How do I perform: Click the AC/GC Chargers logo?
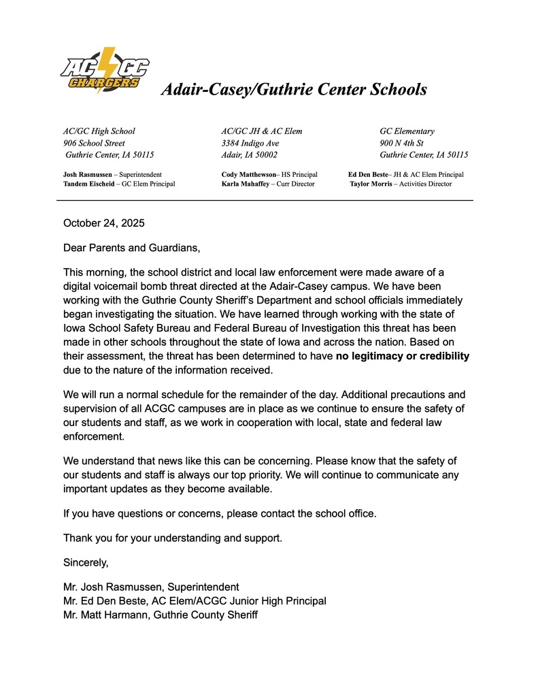[104, 70]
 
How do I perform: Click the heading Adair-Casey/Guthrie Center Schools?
[293, 89]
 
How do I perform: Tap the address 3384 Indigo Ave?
[250, 143]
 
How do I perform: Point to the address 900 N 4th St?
[401, 143]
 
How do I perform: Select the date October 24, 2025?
[103, 223]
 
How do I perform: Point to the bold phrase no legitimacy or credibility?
[403, 356]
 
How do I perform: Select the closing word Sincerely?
[86, 562]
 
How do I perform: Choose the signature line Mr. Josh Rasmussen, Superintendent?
[151, 587]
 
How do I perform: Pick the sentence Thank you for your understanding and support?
[173, 538]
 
